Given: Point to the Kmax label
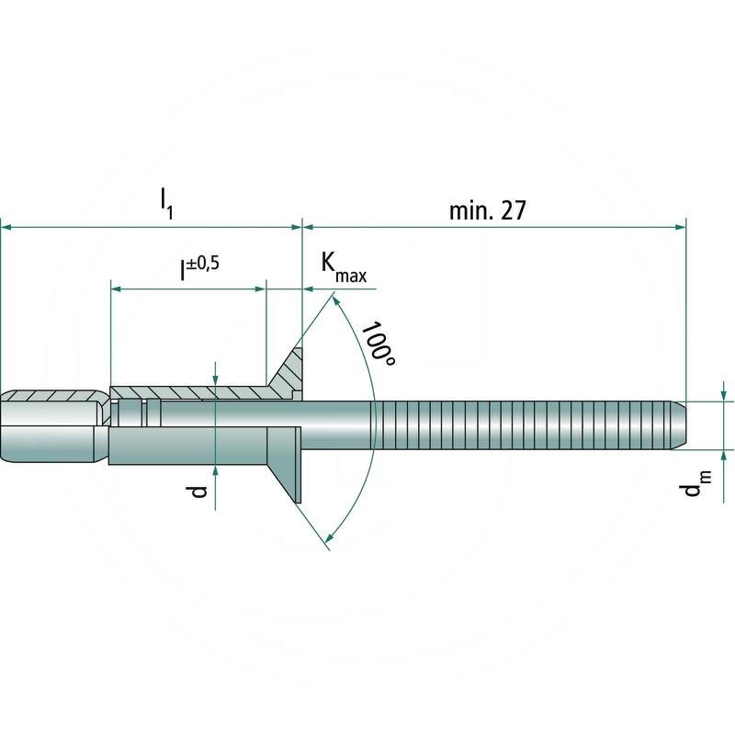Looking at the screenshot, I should click(x=341, y=266).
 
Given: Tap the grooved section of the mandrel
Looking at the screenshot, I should click(x=524, y=425).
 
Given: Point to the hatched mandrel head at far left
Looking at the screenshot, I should click(x=51, y=396).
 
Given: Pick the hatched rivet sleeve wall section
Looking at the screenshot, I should click(x=202, y=393).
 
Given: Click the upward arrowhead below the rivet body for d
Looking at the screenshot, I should click(x=215, y=471).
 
